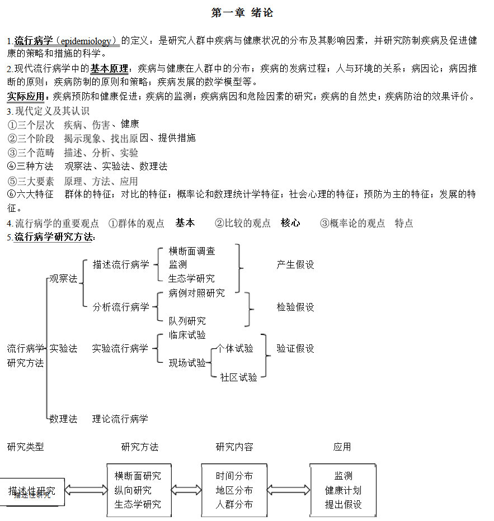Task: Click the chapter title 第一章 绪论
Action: (242, 13)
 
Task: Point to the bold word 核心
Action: (290, 223)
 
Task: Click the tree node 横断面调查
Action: (192, 251)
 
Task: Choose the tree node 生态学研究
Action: (191, 278)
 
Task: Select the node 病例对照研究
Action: (196, 293)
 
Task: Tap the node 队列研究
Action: (187, 321)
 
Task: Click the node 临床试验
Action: (187, 335)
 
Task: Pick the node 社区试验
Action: (238, 377)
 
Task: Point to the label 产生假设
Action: (295, 265)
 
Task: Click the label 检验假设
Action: (295, 307)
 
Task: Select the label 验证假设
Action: (295, 349)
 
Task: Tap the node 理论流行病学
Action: (120, 419)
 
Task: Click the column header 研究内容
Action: (234, 447)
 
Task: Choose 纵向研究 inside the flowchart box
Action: (133, 490)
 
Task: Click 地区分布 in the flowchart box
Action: (234, 490)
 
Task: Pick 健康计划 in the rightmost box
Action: (343, 490)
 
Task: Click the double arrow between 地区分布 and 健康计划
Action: (288, 490)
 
